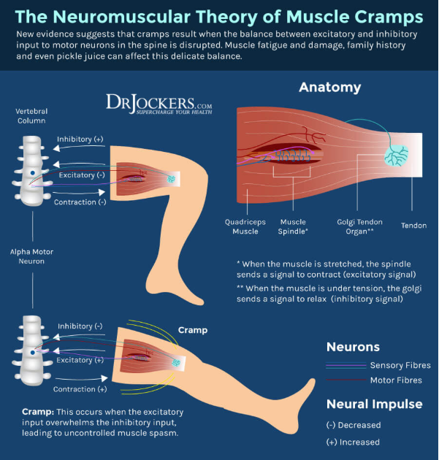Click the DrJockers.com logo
159,104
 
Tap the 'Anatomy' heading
330,88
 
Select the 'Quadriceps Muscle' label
245,226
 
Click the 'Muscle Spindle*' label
293,226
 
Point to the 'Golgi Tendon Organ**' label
360,226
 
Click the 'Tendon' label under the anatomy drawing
413,226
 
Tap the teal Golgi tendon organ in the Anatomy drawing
397,156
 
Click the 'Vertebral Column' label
31,116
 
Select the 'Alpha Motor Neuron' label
31,256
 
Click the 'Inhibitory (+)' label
80,139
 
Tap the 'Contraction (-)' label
80,202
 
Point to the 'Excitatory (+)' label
80,360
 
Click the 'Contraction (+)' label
80,389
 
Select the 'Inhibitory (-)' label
80,326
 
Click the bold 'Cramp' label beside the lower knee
193,330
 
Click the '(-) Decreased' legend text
354,425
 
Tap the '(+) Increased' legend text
353,442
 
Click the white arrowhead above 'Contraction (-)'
102,192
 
